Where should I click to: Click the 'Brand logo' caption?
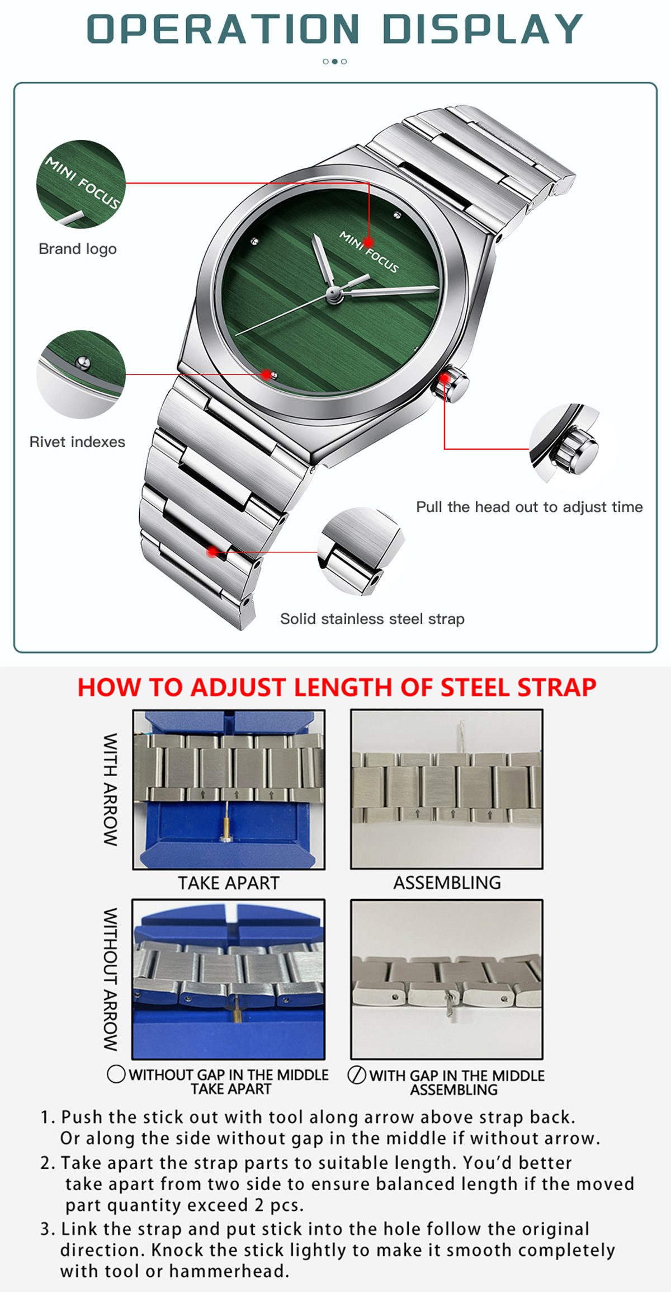pos(78,249)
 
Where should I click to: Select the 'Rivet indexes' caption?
pos(77,442)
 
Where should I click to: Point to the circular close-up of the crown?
pos(570,445)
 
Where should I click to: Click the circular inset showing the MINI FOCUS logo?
pos(81,184)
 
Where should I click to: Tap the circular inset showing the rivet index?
pos(81,374)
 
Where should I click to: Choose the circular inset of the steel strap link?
pos(361,552)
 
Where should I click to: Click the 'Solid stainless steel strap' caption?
pos(372,619)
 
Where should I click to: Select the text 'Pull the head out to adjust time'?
pos(530,507)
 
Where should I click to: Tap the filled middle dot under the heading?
pos(335,62)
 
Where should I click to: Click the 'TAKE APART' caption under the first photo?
pos(229,883)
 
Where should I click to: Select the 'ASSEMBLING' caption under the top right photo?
pos(447,883)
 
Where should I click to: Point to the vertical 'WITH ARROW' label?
pos(110,790)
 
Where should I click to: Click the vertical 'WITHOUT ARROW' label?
pos(110,979)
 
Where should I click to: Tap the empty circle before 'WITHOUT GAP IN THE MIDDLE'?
pos(116,1074)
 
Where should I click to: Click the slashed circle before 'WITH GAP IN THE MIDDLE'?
pos(357,1075)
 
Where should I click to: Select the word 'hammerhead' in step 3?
pos(229,1271)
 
